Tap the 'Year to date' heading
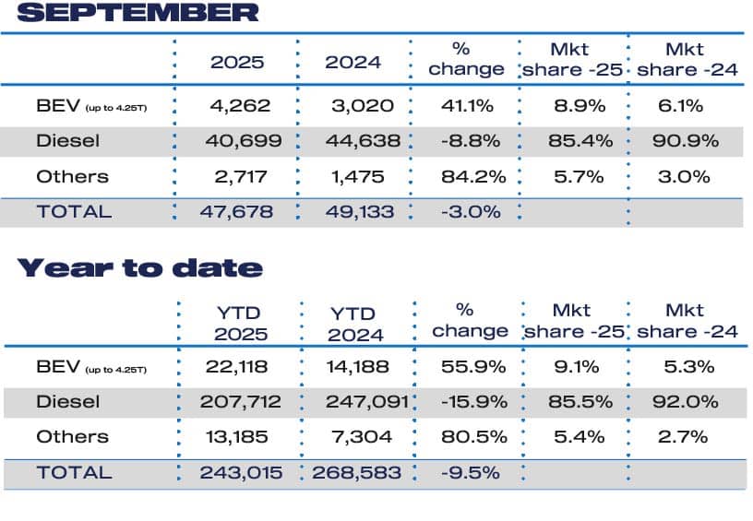pyautogui.click(x=139, y=268)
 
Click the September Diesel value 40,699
pyautogui.click(x=237, y=141)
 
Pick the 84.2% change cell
pyautogui.click(x=471, y=176)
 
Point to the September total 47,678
pyautogui.click(x=237, y=211)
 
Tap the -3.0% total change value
pyautogui.click(x=471, y=211)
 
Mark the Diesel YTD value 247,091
pyautogui.click(x=361, y=402)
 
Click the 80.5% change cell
pyautogui.click(x=470, y=437)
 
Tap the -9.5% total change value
pyautogui.click(x=471, y=472)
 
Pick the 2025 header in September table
pyautogui.click(x=237, y=63)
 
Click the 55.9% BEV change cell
pyautogui.click(x=470, y=367)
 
